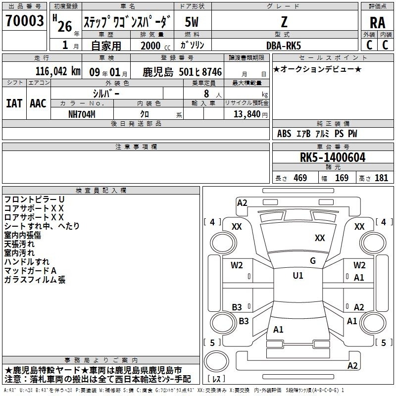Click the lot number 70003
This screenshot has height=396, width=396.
click(x=24, y=20)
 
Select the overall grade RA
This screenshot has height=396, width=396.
click(x=377, y=23)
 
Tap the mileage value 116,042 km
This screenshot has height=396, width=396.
click(x=58, y=71)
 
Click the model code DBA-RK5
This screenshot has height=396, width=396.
click(x=284, y=46)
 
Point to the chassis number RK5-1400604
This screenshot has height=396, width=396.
click(x=332, y=157)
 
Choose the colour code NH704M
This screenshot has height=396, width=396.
click(x=82, y=114)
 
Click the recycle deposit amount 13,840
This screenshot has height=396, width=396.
click(x=247, y=114)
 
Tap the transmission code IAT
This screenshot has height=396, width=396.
click(x=14, y=103)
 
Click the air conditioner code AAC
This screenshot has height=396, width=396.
click(x=38, y=103)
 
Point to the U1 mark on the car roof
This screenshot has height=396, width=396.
click(x=298, y=276)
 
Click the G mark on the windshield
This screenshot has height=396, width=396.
click(x=313, y=261)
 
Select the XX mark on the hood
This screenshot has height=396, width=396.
click(x=320, y=238)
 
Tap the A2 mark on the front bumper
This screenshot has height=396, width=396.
click(x=242, y=203)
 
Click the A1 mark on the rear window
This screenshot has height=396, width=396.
click(x=278, y=330)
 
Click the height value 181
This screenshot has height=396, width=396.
click(x=381, y=178)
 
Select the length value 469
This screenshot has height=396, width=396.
click(x=300, y=178)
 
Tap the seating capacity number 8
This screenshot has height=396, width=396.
click(x=206, y=94)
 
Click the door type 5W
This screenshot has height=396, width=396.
click(x=192, y=22)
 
